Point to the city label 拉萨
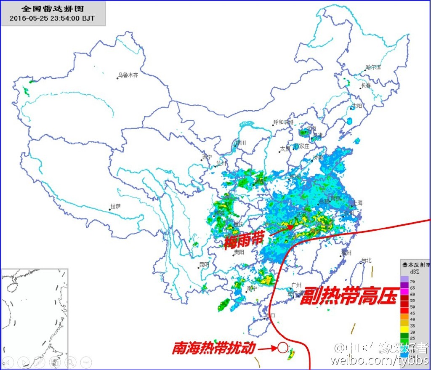pyautogui.click(x=116, y=206)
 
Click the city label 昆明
pyautogui.click(x=204, y=265)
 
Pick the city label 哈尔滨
pyautogui.click(x=373, y=67)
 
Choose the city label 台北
pyautogui.click(x=366, y=260)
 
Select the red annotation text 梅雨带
pyautogui.click(x=244, y=241)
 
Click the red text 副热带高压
pyautogui.click(x=349, y=296)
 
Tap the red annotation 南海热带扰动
pyautogui.click(x=213, y=348)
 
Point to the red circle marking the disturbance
pyautogui.click(x=283, y=348)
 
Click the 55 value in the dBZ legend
pyautogui.click(x=412, y=301)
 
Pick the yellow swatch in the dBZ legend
pyautogui.click(x=404, y=326)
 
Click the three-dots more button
pyautogui.click(x=86, y=361)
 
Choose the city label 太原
pyautogui.click(x=285, y=149)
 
